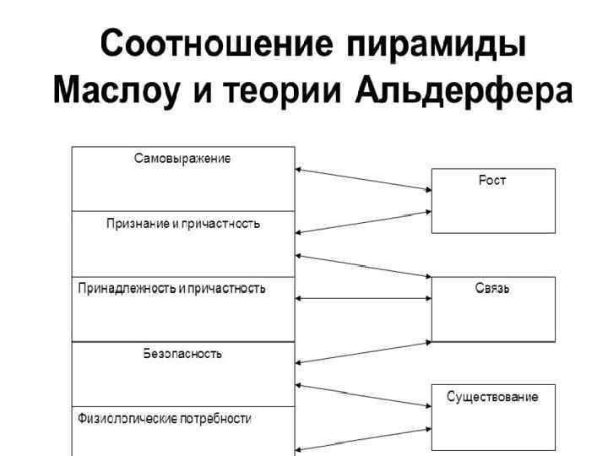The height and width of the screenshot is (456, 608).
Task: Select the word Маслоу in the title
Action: click(118, 89)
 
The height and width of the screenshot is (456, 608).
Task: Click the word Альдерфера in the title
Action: click(464, 89)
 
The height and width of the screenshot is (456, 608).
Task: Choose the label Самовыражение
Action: click(183, 158)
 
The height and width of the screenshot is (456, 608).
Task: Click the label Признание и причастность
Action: click(183, 224)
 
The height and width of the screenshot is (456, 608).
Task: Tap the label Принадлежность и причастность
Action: click(171, 289)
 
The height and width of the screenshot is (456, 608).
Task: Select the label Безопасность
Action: click(183, 353)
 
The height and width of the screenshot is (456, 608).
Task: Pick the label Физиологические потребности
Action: click(165, 418)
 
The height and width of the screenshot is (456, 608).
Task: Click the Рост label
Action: click(493, 181)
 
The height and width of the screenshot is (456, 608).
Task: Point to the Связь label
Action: click(493, 288)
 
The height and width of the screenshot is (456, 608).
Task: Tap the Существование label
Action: click(493, 396)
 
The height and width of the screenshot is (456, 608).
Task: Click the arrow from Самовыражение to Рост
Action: click(363, 180)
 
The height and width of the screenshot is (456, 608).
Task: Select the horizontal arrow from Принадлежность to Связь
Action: click(363, 298)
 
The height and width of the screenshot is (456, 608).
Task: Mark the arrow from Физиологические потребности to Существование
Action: click(363, 439)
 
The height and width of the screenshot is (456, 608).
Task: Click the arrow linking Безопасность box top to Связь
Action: click(363, 352)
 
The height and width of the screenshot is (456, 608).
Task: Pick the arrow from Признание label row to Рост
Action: click(363, 221)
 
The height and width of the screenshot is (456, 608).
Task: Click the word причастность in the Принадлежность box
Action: click(229, 289)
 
